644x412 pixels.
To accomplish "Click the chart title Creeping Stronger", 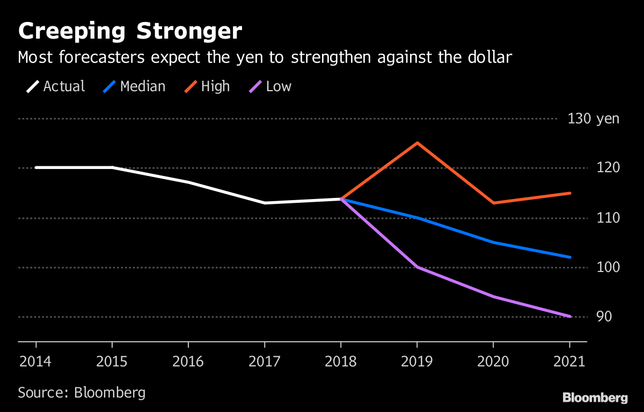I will tap(130, 32).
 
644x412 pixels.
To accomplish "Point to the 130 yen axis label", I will tap(593, 119).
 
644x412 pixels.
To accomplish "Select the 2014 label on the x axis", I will tap(35, 361).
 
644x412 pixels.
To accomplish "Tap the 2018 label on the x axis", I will tap(341, 361).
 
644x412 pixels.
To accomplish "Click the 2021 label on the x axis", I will tap(569, 361).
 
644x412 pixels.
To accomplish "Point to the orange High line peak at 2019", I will tap(417, 143).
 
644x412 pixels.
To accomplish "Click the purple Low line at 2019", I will tap(417, 267).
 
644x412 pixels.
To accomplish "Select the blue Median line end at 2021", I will tap(569, 257).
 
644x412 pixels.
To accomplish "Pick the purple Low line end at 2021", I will tap(569, 317).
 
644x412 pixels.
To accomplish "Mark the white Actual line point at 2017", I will tap(265, 203).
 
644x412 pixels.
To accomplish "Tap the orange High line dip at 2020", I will tap(493, 203).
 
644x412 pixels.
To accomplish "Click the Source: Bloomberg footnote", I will tap(82, 392).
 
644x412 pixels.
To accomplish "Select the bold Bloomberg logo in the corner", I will tap(595, 398).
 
